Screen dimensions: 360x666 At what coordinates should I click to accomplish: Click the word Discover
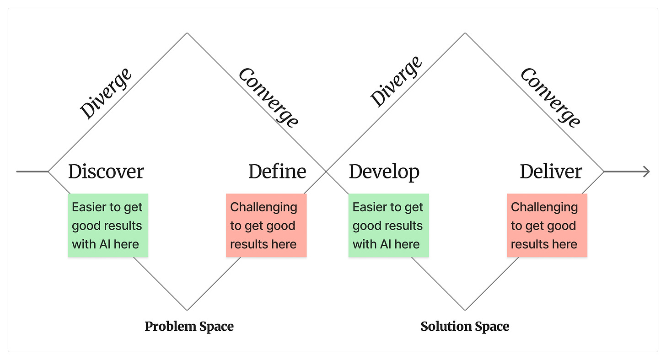106,172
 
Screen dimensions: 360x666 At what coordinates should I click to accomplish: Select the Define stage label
277,172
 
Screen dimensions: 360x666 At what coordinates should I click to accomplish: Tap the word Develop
384,172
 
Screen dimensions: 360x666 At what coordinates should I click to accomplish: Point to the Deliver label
551,172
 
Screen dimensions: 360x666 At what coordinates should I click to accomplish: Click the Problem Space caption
189,326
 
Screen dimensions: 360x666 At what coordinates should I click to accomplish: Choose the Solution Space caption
465,326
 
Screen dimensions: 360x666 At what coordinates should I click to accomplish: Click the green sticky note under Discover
108,225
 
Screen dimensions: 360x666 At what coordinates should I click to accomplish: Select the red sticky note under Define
266,225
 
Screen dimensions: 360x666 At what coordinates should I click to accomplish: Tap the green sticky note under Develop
388,225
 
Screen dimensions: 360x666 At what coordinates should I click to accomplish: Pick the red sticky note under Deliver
547,225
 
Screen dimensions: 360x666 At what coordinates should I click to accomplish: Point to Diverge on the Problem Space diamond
106,93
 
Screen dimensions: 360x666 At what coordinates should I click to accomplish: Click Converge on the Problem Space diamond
269,97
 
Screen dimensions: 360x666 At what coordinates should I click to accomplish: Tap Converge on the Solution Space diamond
550,97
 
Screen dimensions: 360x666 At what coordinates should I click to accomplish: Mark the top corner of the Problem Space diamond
187,33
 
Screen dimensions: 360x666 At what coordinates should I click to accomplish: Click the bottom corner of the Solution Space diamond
465,310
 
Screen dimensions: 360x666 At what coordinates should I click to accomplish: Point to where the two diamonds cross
326,172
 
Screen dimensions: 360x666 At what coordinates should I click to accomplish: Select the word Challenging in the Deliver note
544,207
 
